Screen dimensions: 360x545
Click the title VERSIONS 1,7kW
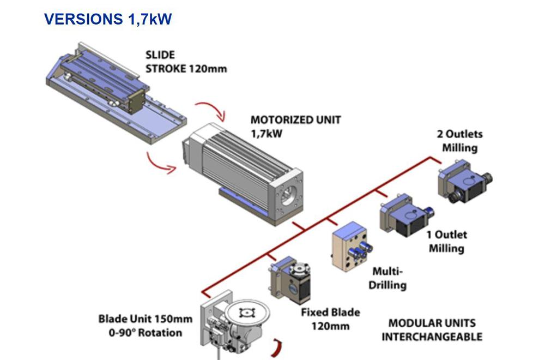pyautogui.click(x=108, y=20)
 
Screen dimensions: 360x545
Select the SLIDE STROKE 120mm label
pyautogui.click(x=186, y=62)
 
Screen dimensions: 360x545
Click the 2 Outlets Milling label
pyautogui.click(x=459, y=141)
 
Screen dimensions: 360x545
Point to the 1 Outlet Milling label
pyautogui.click(x=447, y=242)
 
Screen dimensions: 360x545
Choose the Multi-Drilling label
pyautogui.click(x=389, y=278)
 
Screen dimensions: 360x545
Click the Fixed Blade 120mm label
pyautogui.click(x=330, y=319)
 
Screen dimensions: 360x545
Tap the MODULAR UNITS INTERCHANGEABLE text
pyautogui.click(x=432, y=329)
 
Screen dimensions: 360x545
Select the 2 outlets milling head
pyautogui.click(x=462, y=181)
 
